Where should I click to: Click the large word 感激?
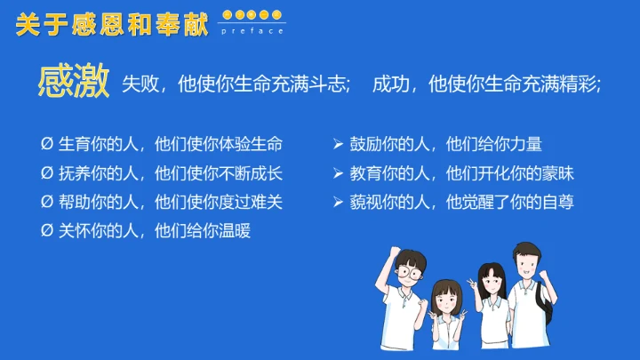pyautogui.click(x=73, y=82)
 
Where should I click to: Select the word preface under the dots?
pyautogui.click(x=253, y=31)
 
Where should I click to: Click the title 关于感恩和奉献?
pyautogui.click(x=111, y=24)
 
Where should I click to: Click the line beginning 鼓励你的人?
pyautogui.click(x=444, y=143)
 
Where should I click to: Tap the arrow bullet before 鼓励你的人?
pyautogui.click(x=338, y=143)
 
